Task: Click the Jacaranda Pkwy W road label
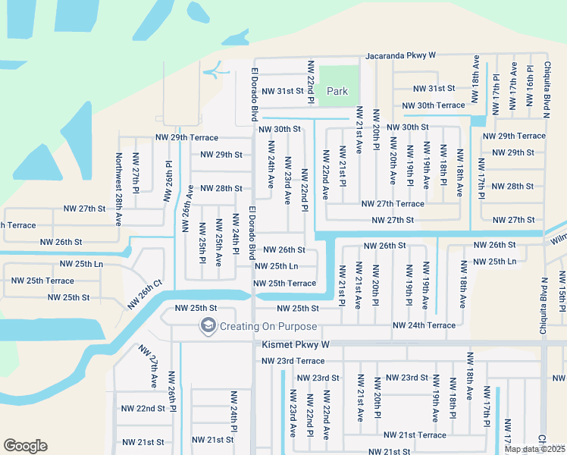tap(401, 55)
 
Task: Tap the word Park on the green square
tap(337, 91)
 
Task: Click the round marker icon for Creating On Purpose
tap(207, 326)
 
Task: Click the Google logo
tap(25, 446)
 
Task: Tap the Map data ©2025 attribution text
tap(535, 449)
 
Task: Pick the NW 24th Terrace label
tap(424, 325)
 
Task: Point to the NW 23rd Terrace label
tap(293, 361)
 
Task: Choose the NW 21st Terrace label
tap(415, 435)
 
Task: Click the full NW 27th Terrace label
tap(393, 204)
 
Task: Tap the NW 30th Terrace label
tap(433, 105)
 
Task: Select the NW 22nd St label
tap(143, 408)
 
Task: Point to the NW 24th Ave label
tap(271, 171)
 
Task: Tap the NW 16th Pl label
tap(530, 91)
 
